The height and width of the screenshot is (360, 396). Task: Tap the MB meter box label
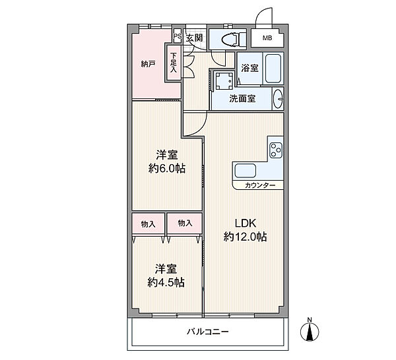point(267,38)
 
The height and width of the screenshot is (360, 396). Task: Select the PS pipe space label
point(178,36)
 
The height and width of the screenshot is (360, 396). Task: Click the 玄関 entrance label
point(195,38)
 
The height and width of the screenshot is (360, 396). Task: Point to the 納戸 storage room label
point(148,64)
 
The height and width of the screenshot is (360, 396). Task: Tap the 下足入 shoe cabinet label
point(174,63)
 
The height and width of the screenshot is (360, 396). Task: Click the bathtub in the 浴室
point(273,68)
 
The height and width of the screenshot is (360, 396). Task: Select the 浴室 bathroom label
point(249,68)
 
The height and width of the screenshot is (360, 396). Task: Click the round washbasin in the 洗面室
point(278,99)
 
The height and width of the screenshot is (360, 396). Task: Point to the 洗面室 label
point(242,99)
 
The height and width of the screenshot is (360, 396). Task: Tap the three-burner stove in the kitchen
point(275,150)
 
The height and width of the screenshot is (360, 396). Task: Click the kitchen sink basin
point(246,171)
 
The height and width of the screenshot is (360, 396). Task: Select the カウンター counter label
point(260,186)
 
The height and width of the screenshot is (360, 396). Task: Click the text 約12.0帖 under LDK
point(245,237)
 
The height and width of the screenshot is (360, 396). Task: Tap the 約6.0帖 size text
point(167,168)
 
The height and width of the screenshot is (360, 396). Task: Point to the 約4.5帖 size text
point(166,283)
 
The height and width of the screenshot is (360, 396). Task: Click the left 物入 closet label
point(148,224)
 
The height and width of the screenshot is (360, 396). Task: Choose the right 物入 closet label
point(185,223)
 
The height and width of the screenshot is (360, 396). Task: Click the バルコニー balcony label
point(208,331)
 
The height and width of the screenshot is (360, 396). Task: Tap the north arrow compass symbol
point(310,330)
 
